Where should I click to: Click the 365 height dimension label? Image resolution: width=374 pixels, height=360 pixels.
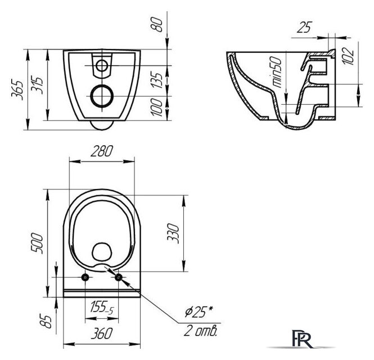[x=17, y=90]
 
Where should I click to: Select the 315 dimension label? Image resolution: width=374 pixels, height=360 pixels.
[x=37, y=85]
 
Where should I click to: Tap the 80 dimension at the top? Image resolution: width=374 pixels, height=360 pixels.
[x=157, y=25]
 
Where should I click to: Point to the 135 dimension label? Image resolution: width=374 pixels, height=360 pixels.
[x=157, y=80]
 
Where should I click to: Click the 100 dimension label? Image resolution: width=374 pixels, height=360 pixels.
[x=157, y=107]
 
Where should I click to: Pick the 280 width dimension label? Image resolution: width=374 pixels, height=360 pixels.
[x=102, y=151]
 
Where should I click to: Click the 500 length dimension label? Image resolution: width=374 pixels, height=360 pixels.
[x=37, y=244]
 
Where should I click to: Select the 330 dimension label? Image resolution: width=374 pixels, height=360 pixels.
[x=173, y=233]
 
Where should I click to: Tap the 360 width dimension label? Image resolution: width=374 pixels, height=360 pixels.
[x=102, y=334]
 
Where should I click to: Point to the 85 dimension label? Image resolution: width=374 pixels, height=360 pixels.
[x=46, y=322]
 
